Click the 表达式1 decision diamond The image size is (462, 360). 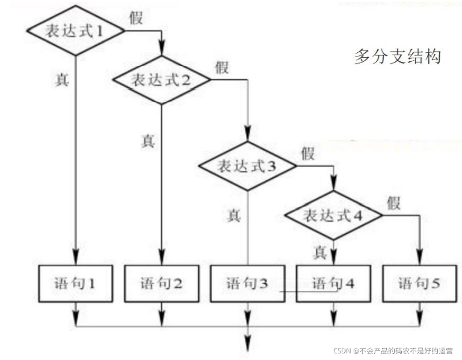(75, 31)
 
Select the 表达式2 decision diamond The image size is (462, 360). (161, 79)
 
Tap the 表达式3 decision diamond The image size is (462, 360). (247, 165)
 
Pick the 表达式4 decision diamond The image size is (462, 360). (333, 215)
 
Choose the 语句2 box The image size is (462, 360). (161, 282)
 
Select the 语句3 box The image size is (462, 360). (247, 282)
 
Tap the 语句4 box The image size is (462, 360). (333, 282)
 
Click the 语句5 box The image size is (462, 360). (419, 282)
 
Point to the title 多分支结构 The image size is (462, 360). (398, 56)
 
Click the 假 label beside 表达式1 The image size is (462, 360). (137, 17)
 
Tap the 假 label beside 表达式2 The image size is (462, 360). (221, 67)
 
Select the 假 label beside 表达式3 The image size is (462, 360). (308, 153)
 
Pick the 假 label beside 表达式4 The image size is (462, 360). (394, 203)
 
